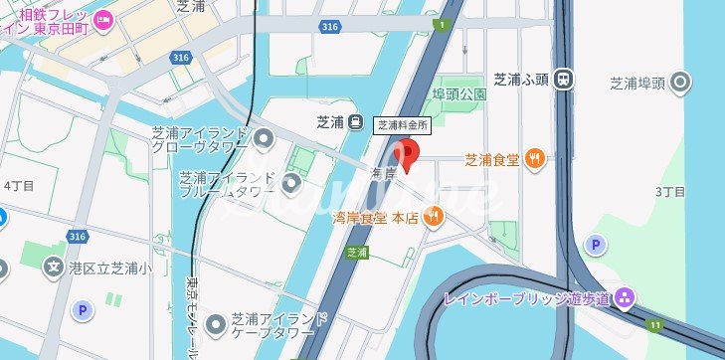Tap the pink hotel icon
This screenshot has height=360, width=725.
(x=104, y=19)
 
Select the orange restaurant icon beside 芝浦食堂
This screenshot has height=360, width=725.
(x=536, y=157)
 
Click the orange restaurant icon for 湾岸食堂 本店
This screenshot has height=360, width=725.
(x=434, y=217)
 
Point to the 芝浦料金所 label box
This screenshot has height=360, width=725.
(x=404, y=125)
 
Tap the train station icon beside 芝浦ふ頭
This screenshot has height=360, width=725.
(x=564, y=79)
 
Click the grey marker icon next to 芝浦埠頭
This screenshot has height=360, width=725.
(x=681, y=83)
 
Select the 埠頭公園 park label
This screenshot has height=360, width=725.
(x=458, y=94)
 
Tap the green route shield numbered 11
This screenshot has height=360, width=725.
(x=654, y=325)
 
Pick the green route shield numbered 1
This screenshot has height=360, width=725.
(x=440, y=23)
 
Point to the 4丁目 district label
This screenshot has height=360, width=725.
(x=19, y=185)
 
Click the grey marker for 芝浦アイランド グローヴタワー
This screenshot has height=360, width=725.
(x=264, y=136)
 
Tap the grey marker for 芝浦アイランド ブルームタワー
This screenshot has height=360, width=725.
(x=290, y=183)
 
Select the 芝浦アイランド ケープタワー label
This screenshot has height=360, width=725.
(x=279, y=325)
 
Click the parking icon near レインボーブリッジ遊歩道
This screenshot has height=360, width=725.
(x=595, y=245)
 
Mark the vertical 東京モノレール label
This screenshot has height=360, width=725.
(x=191, y=317)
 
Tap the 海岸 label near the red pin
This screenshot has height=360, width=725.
(x=385, y=173)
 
